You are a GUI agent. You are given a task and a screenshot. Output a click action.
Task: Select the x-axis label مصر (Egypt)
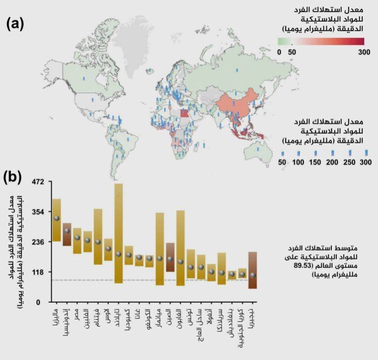(77, 316)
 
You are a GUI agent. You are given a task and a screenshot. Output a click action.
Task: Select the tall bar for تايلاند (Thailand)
(118, 233)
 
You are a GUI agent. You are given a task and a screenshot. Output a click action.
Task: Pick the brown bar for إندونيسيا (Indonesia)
(67, 234)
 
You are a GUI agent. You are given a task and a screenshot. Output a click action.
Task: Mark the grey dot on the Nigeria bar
(252, 275)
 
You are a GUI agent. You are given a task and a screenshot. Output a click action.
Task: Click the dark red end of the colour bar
(361, 41)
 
